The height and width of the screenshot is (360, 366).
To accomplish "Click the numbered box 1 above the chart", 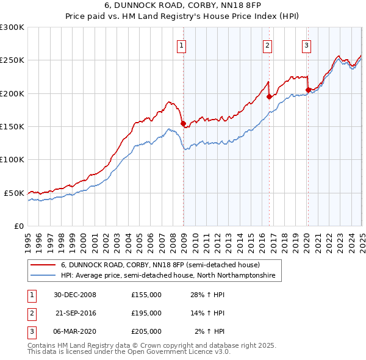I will [x=182, y=45].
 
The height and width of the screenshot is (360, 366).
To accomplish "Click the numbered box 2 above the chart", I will [x=268, y=45].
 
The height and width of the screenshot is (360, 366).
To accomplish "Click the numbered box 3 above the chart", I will [x=306, y=45].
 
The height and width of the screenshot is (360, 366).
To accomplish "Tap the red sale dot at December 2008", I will [x=183, y=123].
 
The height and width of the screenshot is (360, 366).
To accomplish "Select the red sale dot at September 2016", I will [x=269, y=96].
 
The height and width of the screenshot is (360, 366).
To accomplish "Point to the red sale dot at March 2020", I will [x=308, y=90].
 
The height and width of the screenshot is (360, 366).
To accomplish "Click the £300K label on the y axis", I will [x=12, y=27].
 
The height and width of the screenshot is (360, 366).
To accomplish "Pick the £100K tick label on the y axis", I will [x=12, y=160].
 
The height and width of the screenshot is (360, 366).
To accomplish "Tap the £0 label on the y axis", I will [x=18, y=226].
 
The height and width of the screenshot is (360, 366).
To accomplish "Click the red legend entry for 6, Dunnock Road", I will [x=160, y=265].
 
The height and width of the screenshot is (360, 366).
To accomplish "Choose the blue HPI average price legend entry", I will [x=168, y=276].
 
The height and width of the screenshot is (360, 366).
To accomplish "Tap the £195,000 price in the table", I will [x=146, y=313].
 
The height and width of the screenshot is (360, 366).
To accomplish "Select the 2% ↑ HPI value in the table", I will [x=210, y=331].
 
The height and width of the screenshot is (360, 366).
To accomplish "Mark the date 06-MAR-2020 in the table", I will [x=75, y=331].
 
